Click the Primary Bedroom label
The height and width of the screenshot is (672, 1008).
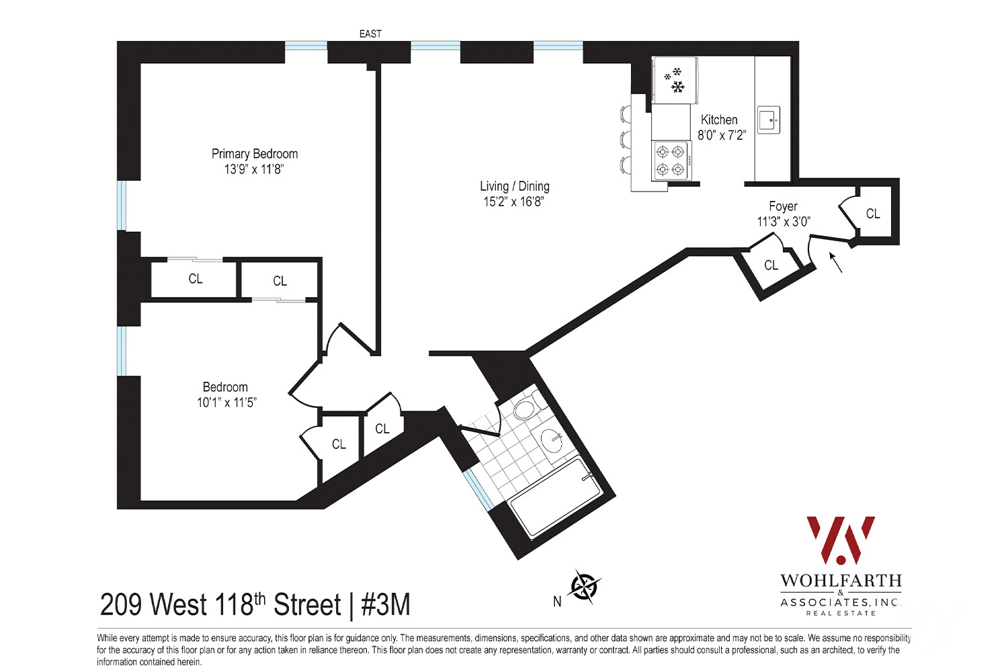254,154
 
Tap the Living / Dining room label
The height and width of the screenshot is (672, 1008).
514,186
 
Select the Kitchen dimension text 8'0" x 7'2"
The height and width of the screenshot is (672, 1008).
721,135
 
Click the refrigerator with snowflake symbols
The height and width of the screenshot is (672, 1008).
675,80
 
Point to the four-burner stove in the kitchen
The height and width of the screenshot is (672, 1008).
671,161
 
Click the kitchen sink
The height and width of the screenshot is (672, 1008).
769,120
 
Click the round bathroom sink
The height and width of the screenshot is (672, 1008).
552,441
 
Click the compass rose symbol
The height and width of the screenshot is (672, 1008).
584,587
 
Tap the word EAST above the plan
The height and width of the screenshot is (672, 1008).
370,34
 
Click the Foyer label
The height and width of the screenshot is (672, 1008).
783,206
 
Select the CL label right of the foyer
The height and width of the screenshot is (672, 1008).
872,214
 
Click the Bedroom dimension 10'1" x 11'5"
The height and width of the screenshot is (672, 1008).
226,403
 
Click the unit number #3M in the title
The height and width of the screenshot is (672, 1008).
386,605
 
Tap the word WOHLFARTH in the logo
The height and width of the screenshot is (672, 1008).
841,581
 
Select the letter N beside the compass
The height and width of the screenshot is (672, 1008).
557,601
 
